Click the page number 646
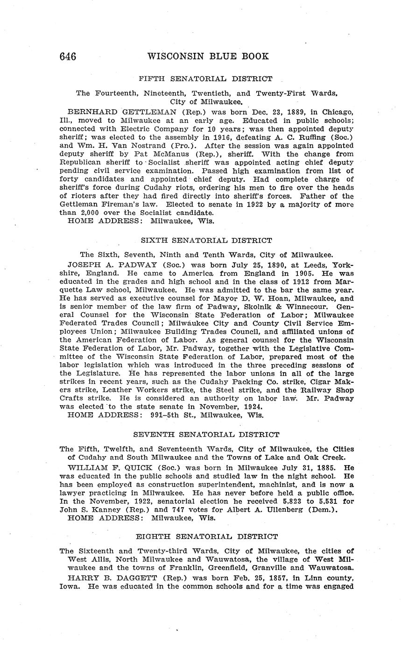(x=68, y=57)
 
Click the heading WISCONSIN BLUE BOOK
(x=208, y=57)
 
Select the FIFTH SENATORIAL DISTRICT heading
(x=206, y=79)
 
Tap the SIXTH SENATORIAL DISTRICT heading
(x=206, y=241)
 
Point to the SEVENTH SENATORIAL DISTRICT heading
(x=206, y=435)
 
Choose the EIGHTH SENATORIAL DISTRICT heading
(x=206, y=537)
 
